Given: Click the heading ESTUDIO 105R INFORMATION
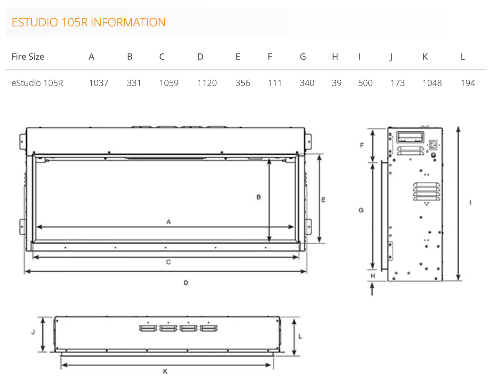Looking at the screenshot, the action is (x=89, y=22).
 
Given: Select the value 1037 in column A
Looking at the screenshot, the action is (x=99, y=83).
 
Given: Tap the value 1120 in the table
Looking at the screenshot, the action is (x=207, y=83).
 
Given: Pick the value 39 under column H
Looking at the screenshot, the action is (x=336, y=83).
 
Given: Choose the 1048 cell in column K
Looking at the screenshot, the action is (x=432, y=83).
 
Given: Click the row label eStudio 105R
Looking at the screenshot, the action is (x=37, y=83).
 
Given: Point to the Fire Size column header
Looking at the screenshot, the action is (x=28, y=57).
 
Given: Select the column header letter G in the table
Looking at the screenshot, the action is (x=303, y=57).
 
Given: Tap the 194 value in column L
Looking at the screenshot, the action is (x=468, y=83).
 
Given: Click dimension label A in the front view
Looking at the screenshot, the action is (x=169, y=222).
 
